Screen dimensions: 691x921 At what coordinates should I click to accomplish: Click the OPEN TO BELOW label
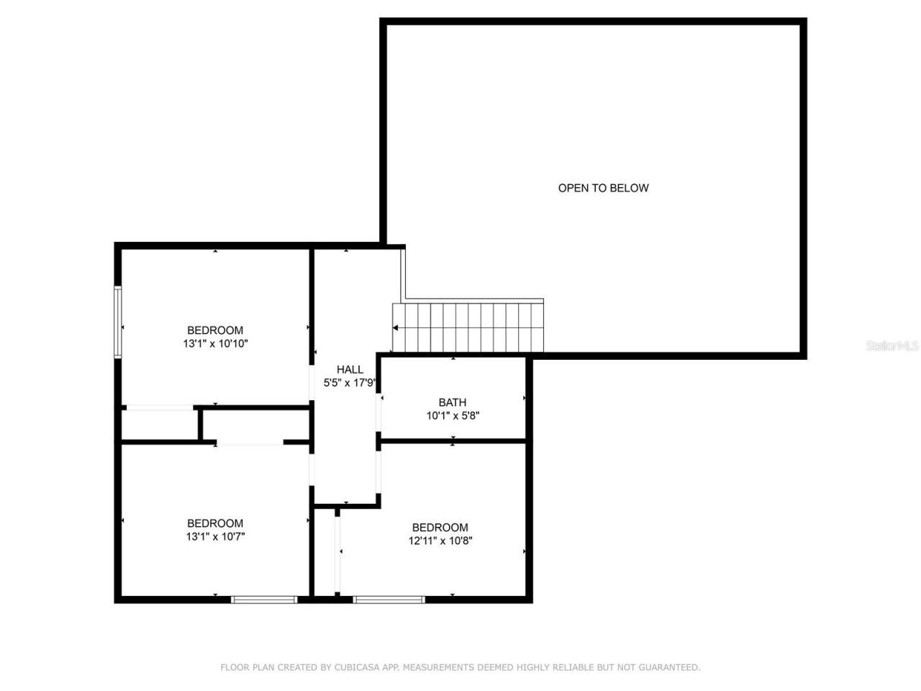pyautogui.click(x=603, y=188)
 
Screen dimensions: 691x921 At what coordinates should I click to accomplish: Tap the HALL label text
pyautogui.click(x=350, y=370)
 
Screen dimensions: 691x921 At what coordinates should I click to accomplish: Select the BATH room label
pyautogui.click(x=453, y=402)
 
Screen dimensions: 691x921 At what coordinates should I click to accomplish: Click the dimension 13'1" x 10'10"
pyautogui.click(x=215, y=344)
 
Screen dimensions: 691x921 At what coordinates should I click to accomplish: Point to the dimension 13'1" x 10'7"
pyautogui.click(x=215, y=536)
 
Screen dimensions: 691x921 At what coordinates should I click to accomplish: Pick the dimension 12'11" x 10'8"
pyautogui.click(x=440, y=541)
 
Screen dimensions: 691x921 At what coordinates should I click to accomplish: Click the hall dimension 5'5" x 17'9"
pyautogui.click(x=350, y=383)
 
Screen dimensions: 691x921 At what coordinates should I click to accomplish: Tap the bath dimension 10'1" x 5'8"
pyautogui.click(x=453, y=415)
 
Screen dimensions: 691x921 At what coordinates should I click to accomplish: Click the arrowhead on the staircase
pyautogui.click(x=396, y=328)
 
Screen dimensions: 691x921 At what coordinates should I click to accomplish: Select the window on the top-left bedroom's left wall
pyautogui.click(x=118, y=322)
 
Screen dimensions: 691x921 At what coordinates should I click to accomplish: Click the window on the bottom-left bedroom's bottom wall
pyautogui.click(x=264, y=599)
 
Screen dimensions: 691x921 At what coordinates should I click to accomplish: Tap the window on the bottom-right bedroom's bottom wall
pyautogui.click(x=389, y=599)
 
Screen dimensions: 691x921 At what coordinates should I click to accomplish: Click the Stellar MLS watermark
pyautogui.click(x=892, y=346)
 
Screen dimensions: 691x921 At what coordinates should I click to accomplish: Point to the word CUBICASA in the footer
pyautogui.click(x=358, y=667)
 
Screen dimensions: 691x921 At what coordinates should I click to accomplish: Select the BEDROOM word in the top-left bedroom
pyautogui.click(x=215, y=331)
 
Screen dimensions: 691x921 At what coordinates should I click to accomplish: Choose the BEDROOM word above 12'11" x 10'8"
pyautogui.click(x=440, y=528)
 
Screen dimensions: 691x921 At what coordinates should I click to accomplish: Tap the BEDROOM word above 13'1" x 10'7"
pyautogui.click(x=215, y=523)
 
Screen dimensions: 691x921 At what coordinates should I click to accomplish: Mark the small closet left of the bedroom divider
pyautogui.click(x=159, y=425)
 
